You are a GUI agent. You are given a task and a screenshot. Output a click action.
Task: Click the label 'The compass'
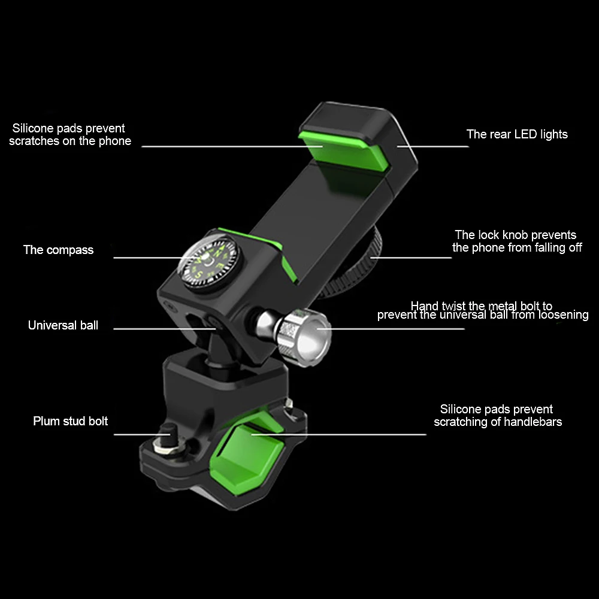click(58, 250)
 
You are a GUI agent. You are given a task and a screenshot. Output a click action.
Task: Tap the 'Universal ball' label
click(63, 326)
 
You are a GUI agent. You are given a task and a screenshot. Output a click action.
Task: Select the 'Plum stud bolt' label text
click(70, 421)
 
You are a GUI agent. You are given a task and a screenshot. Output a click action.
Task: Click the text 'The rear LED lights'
click(517, 134)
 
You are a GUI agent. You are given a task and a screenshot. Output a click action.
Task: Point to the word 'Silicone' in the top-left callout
click(35, 128)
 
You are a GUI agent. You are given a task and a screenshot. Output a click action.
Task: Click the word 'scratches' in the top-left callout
click(34, 141)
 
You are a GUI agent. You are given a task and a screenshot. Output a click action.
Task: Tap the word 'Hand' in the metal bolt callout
click(423, 307)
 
